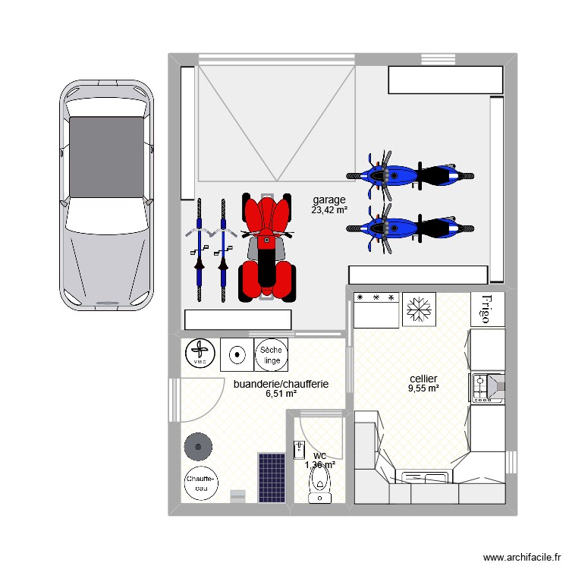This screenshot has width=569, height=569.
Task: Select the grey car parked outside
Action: [x=106, y=193]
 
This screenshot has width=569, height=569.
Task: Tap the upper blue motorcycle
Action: [x=410, y=175]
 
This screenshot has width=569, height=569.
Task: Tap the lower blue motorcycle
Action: [x=410, y=226]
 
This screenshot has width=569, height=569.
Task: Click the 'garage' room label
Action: [x=329, y=200]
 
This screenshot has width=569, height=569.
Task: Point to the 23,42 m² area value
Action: [x=329, y=209]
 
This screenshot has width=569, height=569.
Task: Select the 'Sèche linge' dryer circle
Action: [x=271, y=354]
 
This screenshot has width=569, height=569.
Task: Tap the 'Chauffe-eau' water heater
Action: [x=201, y=483]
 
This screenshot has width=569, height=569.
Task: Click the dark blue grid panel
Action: [x=271, y=477]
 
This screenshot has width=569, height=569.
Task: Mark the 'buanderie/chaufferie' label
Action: [x=281, y=384]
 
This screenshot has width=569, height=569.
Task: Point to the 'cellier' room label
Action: [x=423, y=379]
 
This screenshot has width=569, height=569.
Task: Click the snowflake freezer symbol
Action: [x=417, y=310]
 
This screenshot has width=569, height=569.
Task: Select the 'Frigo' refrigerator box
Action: [x=487, y=310]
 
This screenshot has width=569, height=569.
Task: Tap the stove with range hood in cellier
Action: [x=486, y=387]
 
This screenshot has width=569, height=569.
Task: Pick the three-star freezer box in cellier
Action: [x=377, y=310]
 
